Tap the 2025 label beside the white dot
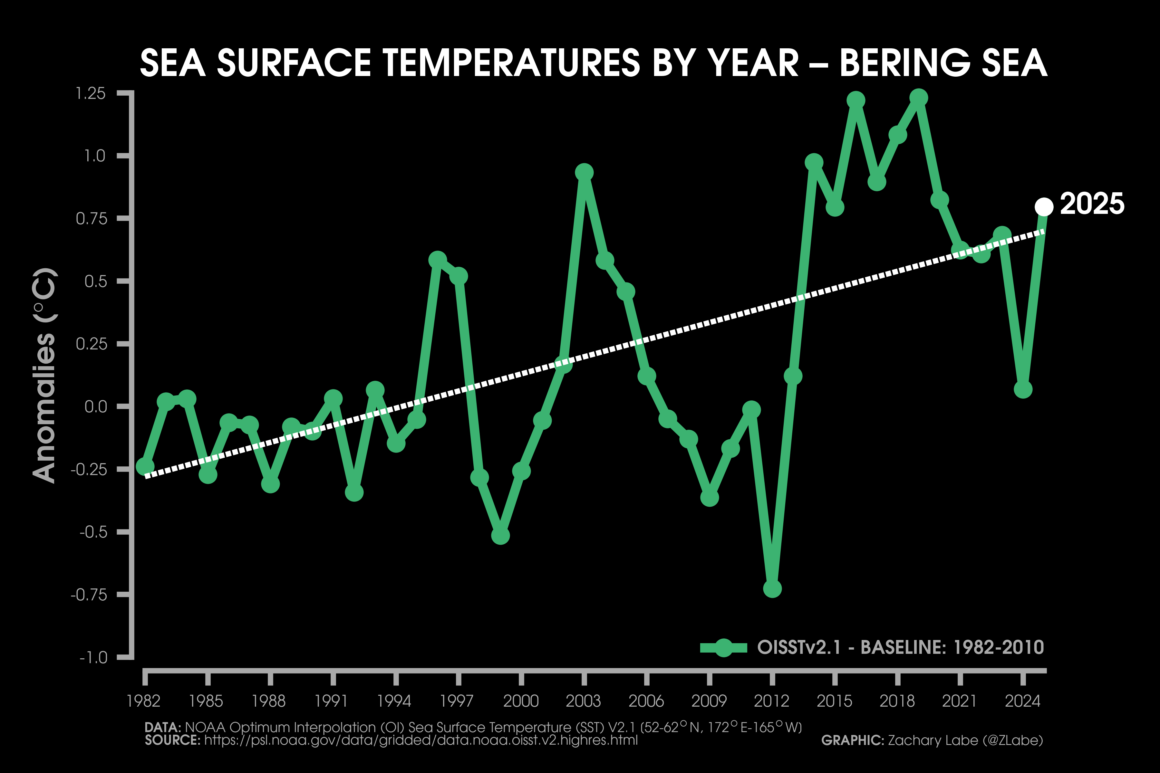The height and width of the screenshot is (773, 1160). (1092, 204)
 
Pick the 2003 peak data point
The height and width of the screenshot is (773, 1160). (584, 173)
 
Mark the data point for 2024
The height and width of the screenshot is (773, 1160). (1023, 389)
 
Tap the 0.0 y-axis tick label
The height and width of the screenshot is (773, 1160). (96, 407)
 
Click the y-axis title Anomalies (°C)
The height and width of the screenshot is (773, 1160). (44, 376)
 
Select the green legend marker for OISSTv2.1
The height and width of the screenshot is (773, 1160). (723, 648)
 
